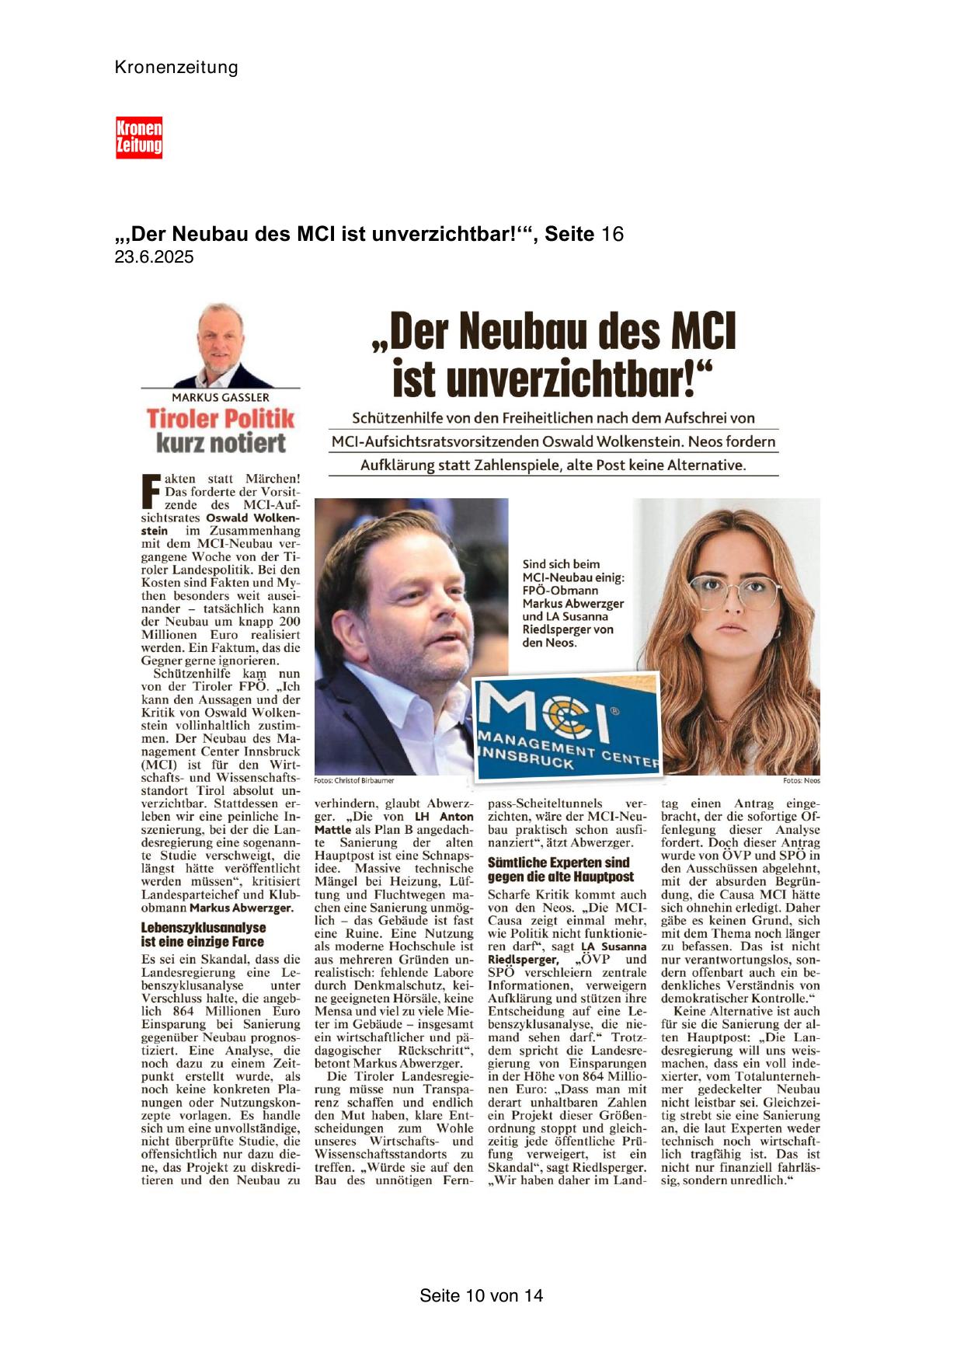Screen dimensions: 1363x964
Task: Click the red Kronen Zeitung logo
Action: coord(139,138)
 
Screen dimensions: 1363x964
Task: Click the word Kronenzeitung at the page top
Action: coord(176,68)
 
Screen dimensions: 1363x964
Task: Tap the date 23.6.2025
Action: coord(154,257)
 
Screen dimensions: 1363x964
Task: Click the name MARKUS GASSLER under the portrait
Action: coord(221,397)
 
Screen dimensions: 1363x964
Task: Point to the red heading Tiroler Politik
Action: coord(221,419)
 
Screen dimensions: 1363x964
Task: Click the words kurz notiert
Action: coord(221,444)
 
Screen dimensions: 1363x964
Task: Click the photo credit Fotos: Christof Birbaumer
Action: coord(354,780)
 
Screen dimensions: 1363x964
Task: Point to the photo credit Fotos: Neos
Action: coord(801,780)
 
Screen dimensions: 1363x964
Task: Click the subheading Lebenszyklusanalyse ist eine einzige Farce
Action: coord(204,934)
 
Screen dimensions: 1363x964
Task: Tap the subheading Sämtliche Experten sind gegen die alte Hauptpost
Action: coord(560,870)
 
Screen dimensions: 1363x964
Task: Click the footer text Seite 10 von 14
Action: coord(481,1295)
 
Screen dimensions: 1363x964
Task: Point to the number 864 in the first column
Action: coord(183,1011)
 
